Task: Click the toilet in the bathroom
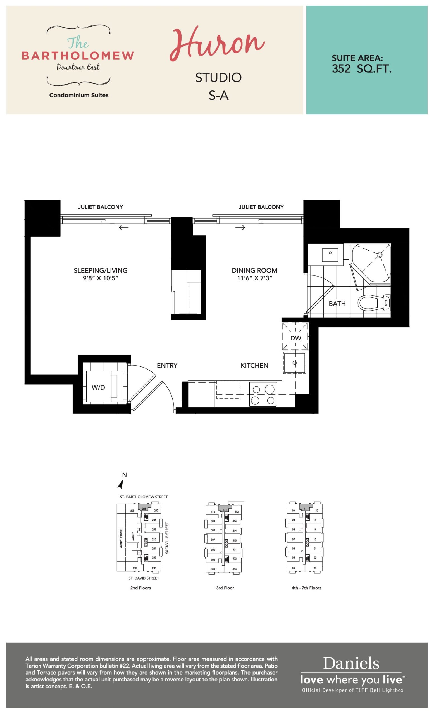click(374, 303)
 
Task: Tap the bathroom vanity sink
click(330, 254)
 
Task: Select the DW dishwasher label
click(296, 338)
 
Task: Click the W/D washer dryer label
click(98, 387)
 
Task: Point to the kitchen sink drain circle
click(294, 363)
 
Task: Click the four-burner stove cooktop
click(263, 394)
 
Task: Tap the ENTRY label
click(167, 365)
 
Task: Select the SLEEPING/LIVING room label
click(100, 270)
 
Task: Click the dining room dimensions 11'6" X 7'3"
click(254, 278)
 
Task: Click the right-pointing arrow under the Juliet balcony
click(240, 228)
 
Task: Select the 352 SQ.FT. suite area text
click(361, 68)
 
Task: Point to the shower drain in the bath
click(380, 254)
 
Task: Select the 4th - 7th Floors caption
click(306, 588)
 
